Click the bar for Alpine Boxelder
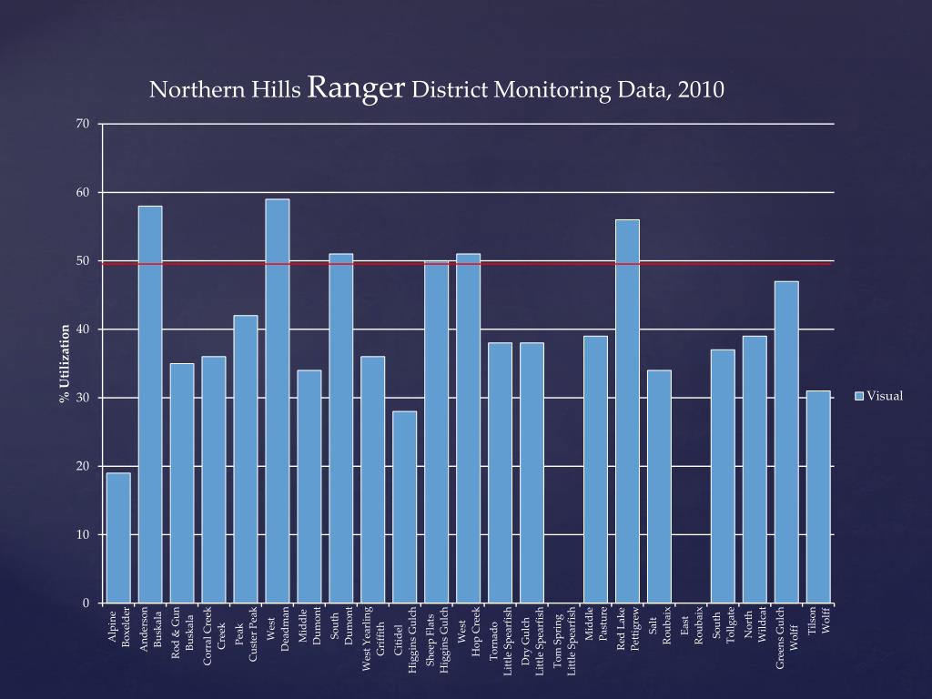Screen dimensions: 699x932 click(118, 537)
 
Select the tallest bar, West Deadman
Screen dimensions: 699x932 click(278, 400)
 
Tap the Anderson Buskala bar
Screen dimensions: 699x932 click(150, 404)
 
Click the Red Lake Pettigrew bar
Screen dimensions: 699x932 click(627, 410)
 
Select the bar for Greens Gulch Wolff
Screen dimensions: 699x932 click(786, 441)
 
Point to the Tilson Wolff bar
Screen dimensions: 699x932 click(818, 497)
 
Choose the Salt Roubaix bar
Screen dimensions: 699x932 click(659, 486)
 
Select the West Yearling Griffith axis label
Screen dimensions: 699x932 click(373, 637)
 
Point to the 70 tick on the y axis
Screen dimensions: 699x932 click(82, 124)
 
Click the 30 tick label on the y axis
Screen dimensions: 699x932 click(82, 398)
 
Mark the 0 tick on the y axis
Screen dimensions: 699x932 click(86, 603)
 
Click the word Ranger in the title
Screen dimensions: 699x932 click(357, 88)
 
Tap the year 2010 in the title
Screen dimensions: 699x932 click(700, 90)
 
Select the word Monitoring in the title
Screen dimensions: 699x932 click(545, 90)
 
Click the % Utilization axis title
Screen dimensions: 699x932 click(66, 363)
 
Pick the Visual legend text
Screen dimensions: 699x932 click(885, 395)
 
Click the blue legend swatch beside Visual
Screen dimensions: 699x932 click(859, 395)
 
